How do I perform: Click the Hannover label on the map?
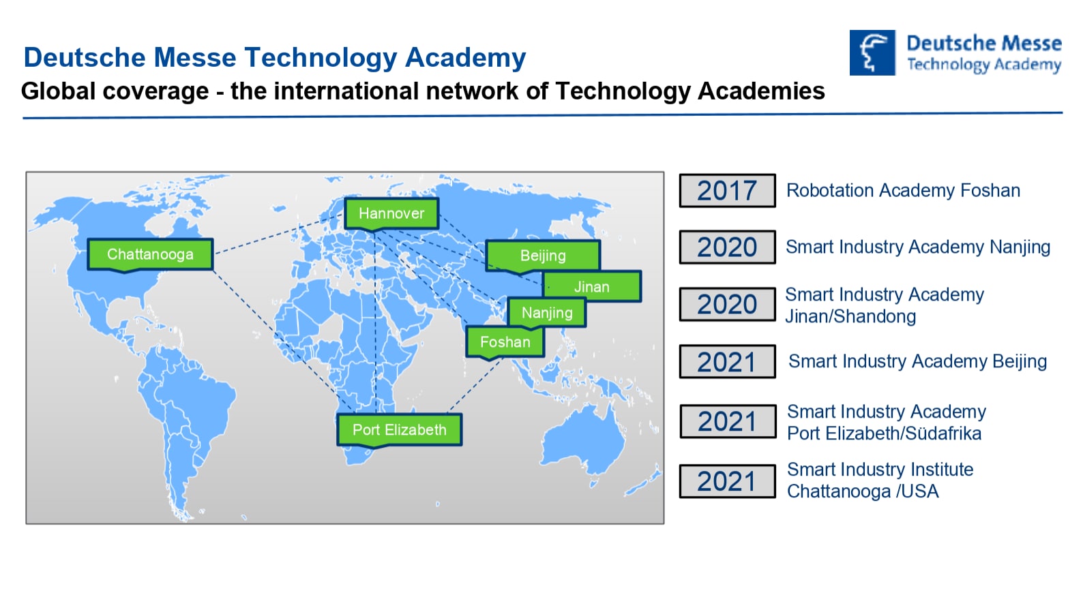(x=391, y=213)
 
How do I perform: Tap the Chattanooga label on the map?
(x=150, y=254)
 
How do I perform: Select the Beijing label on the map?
(x=543, y=255)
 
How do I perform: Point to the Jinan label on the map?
(x=592, y=286)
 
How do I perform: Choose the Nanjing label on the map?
(x=547, y=313)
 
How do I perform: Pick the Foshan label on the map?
(x=505, y=342)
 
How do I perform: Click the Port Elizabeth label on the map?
(x=400, y=429)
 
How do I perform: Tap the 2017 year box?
(x=727, y=190)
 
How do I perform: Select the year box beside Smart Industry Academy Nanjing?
(x=727, y=247)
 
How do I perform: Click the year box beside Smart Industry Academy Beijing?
(x=727, y=361)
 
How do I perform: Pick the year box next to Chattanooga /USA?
(x=727, y=481)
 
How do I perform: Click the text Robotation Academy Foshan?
(x=903, y=190)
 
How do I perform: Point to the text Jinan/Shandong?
(x=850, y=316)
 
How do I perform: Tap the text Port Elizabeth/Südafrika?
(x=885, y=433)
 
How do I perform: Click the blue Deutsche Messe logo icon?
(x=872, y=52)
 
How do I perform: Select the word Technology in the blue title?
(x=321, y=57)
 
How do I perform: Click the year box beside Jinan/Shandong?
(x=727, y=305)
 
